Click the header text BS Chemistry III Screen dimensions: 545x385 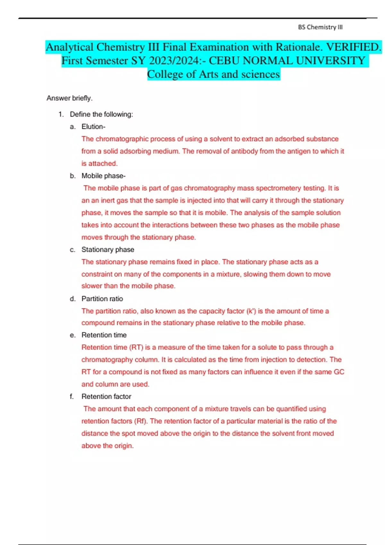pyautogui.click(x=320, y=27)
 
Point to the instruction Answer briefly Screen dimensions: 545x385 pyautogui.click(x=69, y=98)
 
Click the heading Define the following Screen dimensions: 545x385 pyautogui.click(x=101, y=114)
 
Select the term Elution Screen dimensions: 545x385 pyautogui.click(x=93, y=127)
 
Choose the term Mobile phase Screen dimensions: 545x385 pyautogui.click(x=103, y=176)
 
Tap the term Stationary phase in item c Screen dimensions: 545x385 pyautogui.click(x=107, y=249)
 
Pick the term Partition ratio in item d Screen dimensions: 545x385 pyautogui.click(x=102, y=299)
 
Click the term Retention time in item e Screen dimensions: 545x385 pyautogui.click(x=104, y=335)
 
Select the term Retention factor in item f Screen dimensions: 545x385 pyautogui.click(x=106, y=397)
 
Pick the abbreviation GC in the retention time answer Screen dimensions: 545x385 pyautogui.click(x=339, y=372)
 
